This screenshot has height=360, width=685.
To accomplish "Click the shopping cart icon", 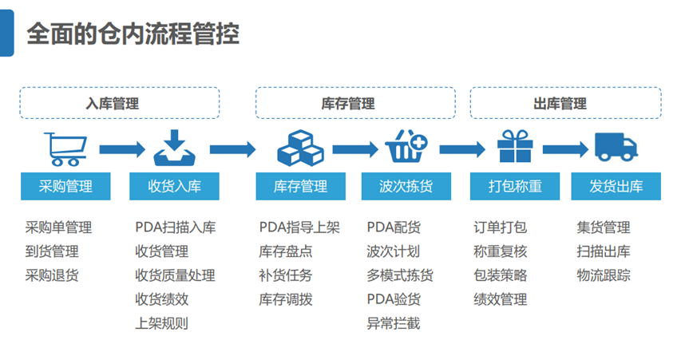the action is pyautogui.click(x=65, y=149).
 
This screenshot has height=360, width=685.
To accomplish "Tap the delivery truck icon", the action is pyautogui.click(x=616, y=147).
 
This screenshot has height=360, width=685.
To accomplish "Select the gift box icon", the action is pyautogui.click(x=515, y=146).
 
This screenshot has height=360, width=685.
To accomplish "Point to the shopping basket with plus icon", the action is pyautogui.click(x=406, y=146).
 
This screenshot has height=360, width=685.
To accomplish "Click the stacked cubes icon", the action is pyautogui.click(x=300, y=148).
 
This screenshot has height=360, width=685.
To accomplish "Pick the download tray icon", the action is pyautogui.click(x=174, y=148).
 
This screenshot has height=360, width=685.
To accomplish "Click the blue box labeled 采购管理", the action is pyautogui.click(x=65, y=187).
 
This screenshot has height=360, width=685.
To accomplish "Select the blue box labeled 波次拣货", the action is pyautogui.click(x=406, y=187).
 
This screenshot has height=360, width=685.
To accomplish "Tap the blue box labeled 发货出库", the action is pyautogui.click(x=616, y=187).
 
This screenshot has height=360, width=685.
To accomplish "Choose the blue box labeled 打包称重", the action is pyautogui.click(x=515, y=187).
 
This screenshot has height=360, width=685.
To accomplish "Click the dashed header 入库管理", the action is pyautogui.click(x=119, y=103).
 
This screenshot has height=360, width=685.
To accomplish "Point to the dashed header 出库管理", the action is pyautogui.click(x=566, y=103).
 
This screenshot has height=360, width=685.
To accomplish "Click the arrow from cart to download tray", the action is pyautogui.click(x=122, y=149).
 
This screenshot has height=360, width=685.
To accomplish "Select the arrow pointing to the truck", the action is pyautogui.click(x=565, y=149).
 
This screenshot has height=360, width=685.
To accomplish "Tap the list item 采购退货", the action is pyautogui.click(x=52, y=275).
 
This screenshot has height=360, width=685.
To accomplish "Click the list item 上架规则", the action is pyautogui.click(x=161, y=323).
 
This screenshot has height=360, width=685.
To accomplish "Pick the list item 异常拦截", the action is pyautogui.click(x=393, y=323).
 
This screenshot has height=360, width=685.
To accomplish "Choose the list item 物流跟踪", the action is pyautogui.click(x=604, y=275).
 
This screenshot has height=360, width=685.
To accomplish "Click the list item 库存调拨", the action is pyautogui.click(x=286, y=299).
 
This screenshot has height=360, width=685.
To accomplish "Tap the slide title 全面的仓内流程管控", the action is pyautogui.click(x=133, y=34).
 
